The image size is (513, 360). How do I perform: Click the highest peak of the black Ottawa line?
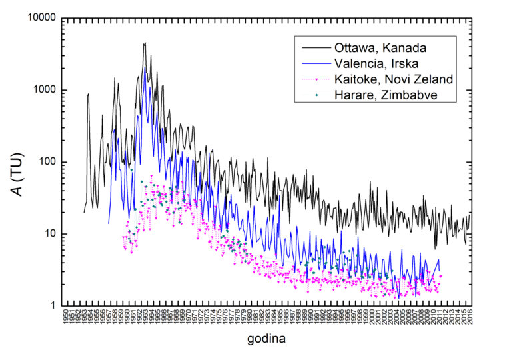click(145, 43)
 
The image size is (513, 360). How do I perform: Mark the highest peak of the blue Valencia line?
click(145, 67)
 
